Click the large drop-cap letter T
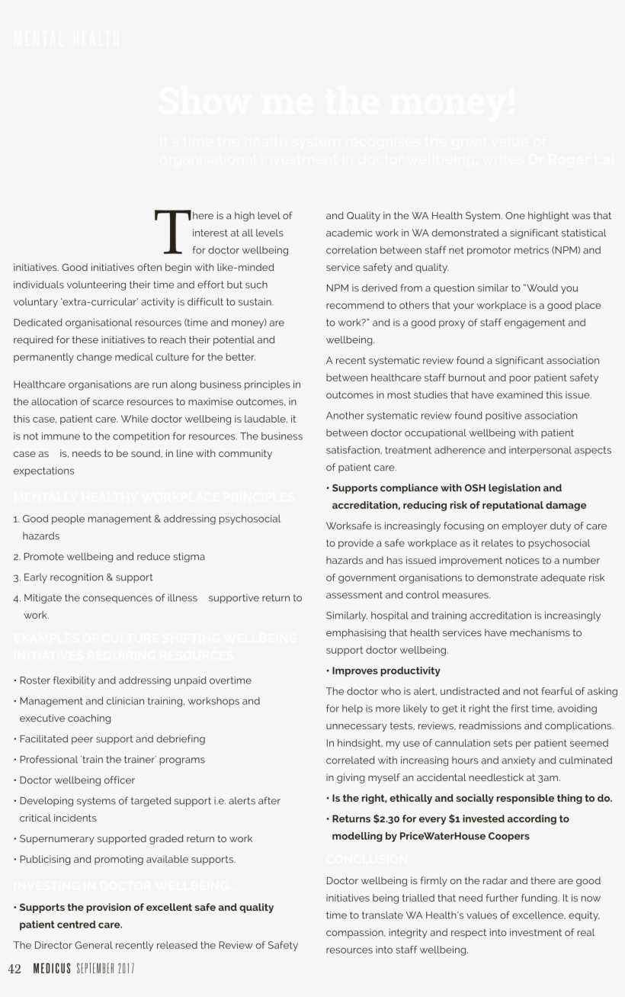169,231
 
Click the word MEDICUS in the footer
52,969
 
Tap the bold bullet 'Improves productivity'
385,671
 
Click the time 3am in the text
548,778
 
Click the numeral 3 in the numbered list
16,577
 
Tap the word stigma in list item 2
187,557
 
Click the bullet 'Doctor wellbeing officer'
76,780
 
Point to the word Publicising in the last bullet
46,859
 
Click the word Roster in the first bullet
34,680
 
